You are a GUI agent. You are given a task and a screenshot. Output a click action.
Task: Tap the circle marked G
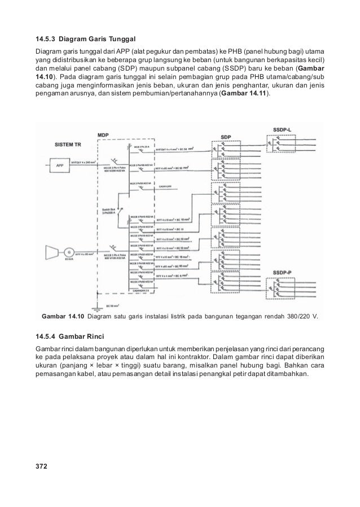[x=69, y=251]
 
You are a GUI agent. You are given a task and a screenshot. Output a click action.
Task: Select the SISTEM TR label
[x=71, y=145]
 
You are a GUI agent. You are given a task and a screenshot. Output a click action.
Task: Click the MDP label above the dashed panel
[x=103, y=136]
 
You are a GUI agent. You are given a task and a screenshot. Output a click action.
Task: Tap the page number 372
[x=41, y=467]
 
